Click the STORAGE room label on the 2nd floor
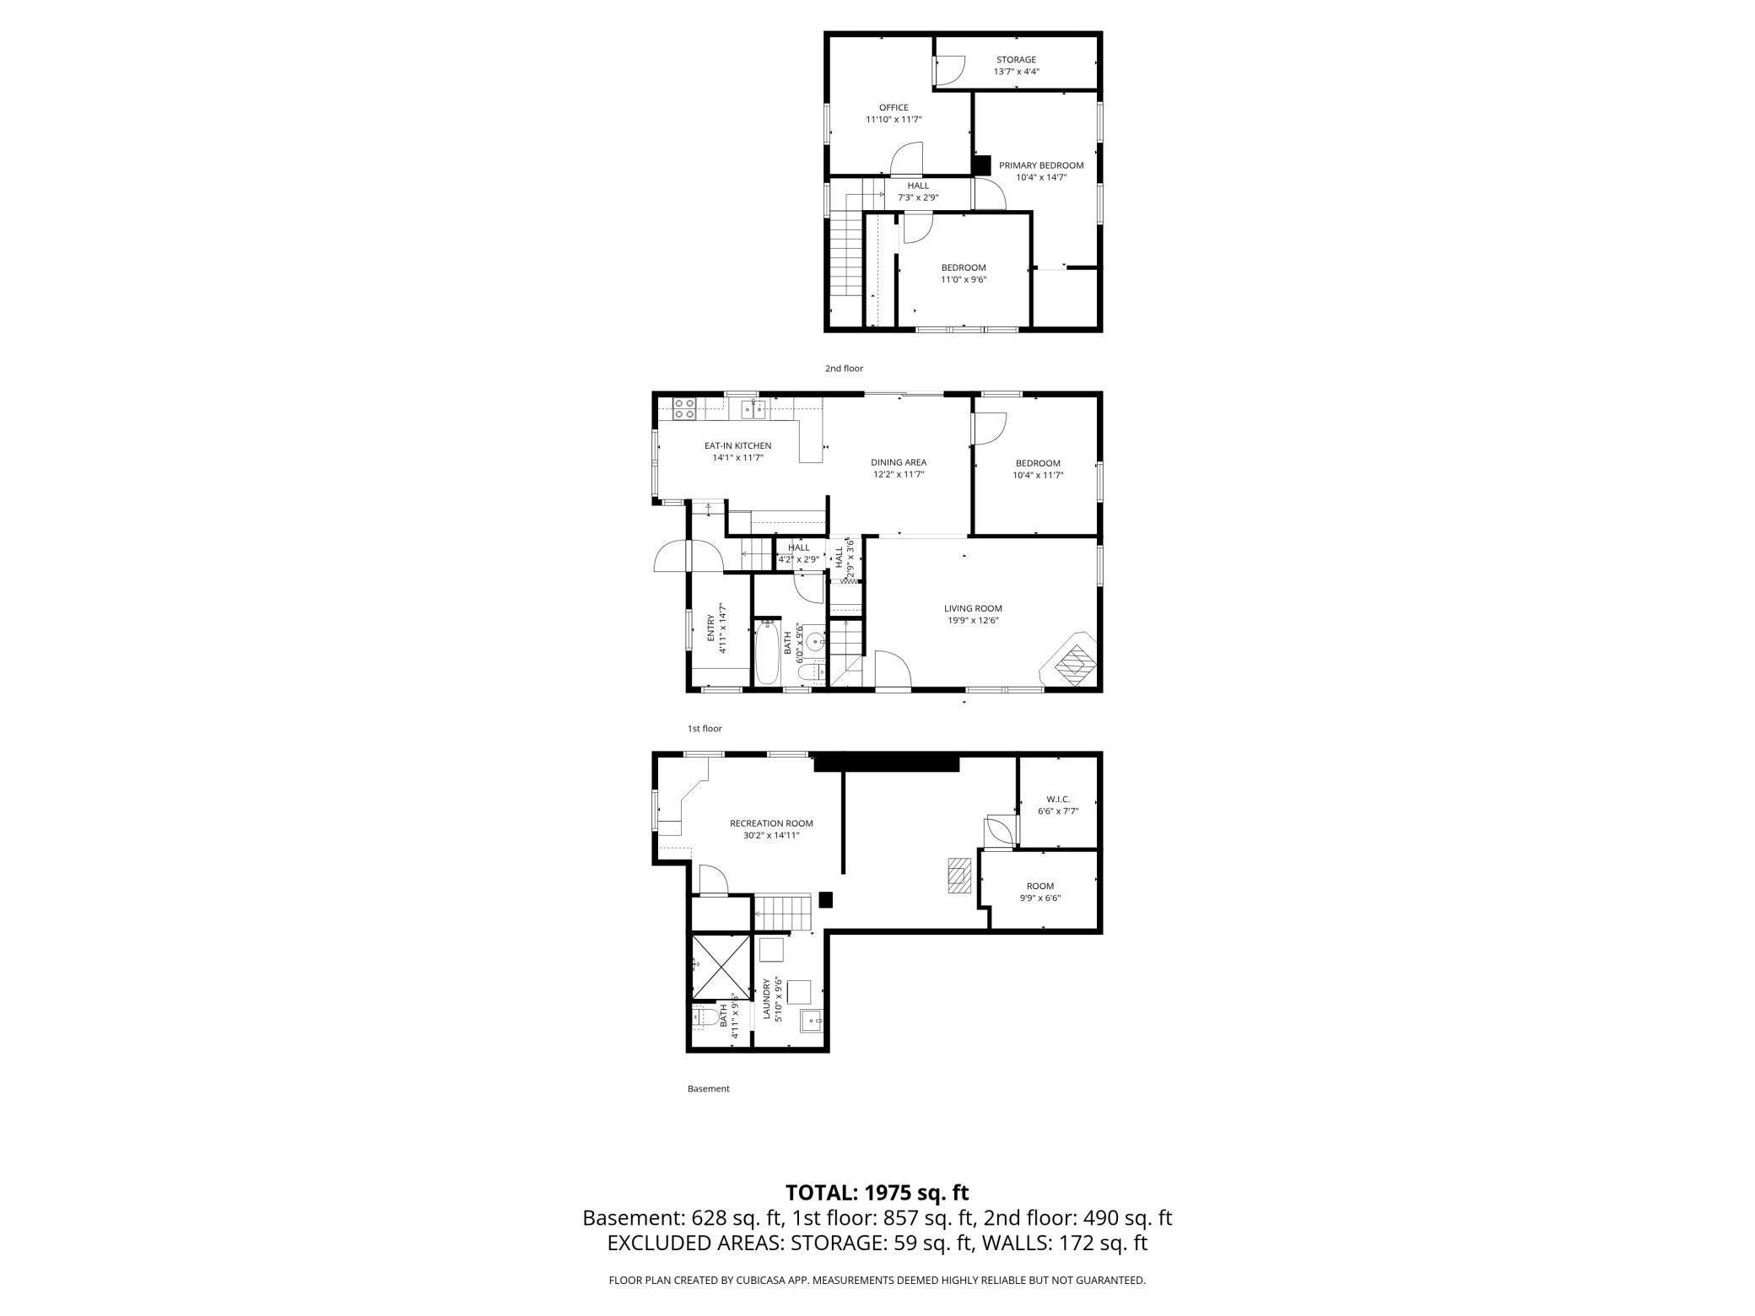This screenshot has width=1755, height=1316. pos(1016,60)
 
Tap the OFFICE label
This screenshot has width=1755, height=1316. pos(894,108)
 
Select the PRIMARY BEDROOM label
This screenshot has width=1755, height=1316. pos(1041,165)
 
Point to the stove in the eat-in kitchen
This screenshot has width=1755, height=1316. pos(684,409)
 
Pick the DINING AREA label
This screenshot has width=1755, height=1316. pos(899,462)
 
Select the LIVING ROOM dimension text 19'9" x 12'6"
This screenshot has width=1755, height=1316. pos(973,620)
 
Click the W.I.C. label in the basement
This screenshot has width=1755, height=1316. pos(1058,799)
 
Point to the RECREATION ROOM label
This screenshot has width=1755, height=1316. pos(771,823)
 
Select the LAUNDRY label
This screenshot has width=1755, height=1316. pos(767,1000)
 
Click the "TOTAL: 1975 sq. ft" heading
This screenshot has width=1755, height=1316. pos(877,1193)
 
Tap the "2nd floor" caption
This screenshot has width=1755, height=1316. pos(844,369)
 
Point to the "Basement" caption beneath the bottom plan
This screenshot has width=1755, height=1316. pos(708,1089)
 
